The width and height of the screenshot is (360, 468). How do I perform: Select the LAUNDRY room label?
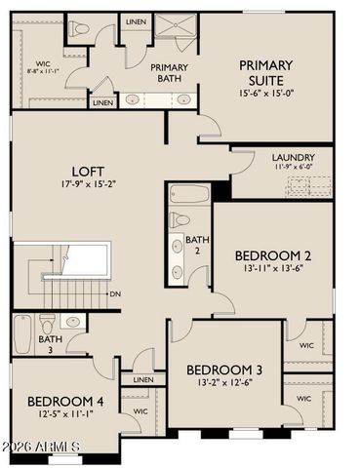294,156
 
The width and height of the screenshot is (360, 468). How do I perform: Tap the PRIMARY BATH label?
169,73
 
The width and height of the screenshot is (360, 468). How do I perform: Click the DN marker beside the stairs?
115,293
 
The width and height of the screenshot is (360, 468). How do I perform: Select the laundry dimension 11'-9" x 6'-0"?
294,167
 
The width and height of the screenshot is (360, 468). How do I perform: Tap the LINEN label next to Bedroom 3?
143,379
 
